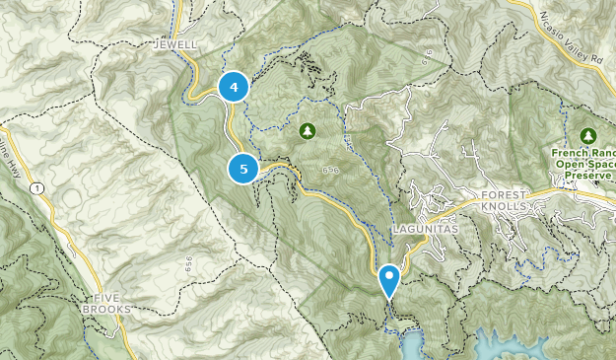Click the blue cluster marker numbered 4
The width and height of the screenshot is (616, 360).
(x=234, y=88)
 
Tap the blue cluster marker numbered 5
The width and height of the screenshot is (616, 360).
(x=243, y=169)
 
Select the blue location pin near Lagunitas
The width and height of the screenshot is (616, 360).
(x=389, y=279)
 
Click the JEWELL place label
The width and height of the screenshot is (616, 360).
(x=175, y=45)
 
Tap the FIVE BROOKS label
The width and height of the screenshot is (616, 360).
(x=113, y=304)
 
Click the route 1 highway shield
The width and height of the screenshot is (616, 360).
(x=36, y=187)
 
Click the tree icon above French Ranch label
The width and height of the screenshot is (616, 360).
(x=588, y=135)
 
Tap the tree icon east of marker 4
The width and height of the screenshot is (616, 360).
(x=307, y=129)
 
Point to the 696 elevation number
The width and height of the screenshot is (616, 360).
(x=330, y=171)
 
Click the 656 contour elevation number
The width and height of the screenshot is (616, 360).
(x=186, y=264)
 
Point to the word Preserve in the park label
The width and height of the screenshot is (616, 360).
(x=587, y=177)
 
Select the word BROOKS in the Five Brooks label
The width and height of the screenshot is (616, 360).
(x=113, y=310)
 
